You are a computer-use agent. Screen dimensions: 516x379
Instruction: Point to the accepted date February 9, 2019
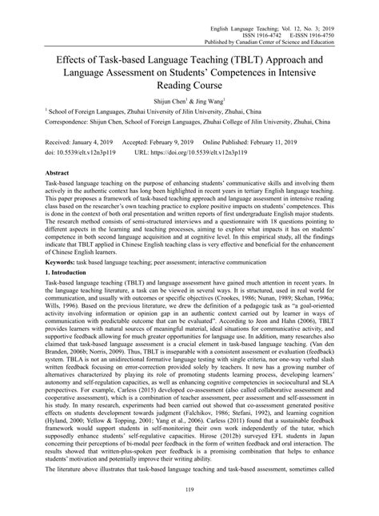tap(189, 139)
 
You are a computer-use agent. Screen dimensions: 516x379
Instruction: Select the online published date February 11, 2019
tap(297, 139)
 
